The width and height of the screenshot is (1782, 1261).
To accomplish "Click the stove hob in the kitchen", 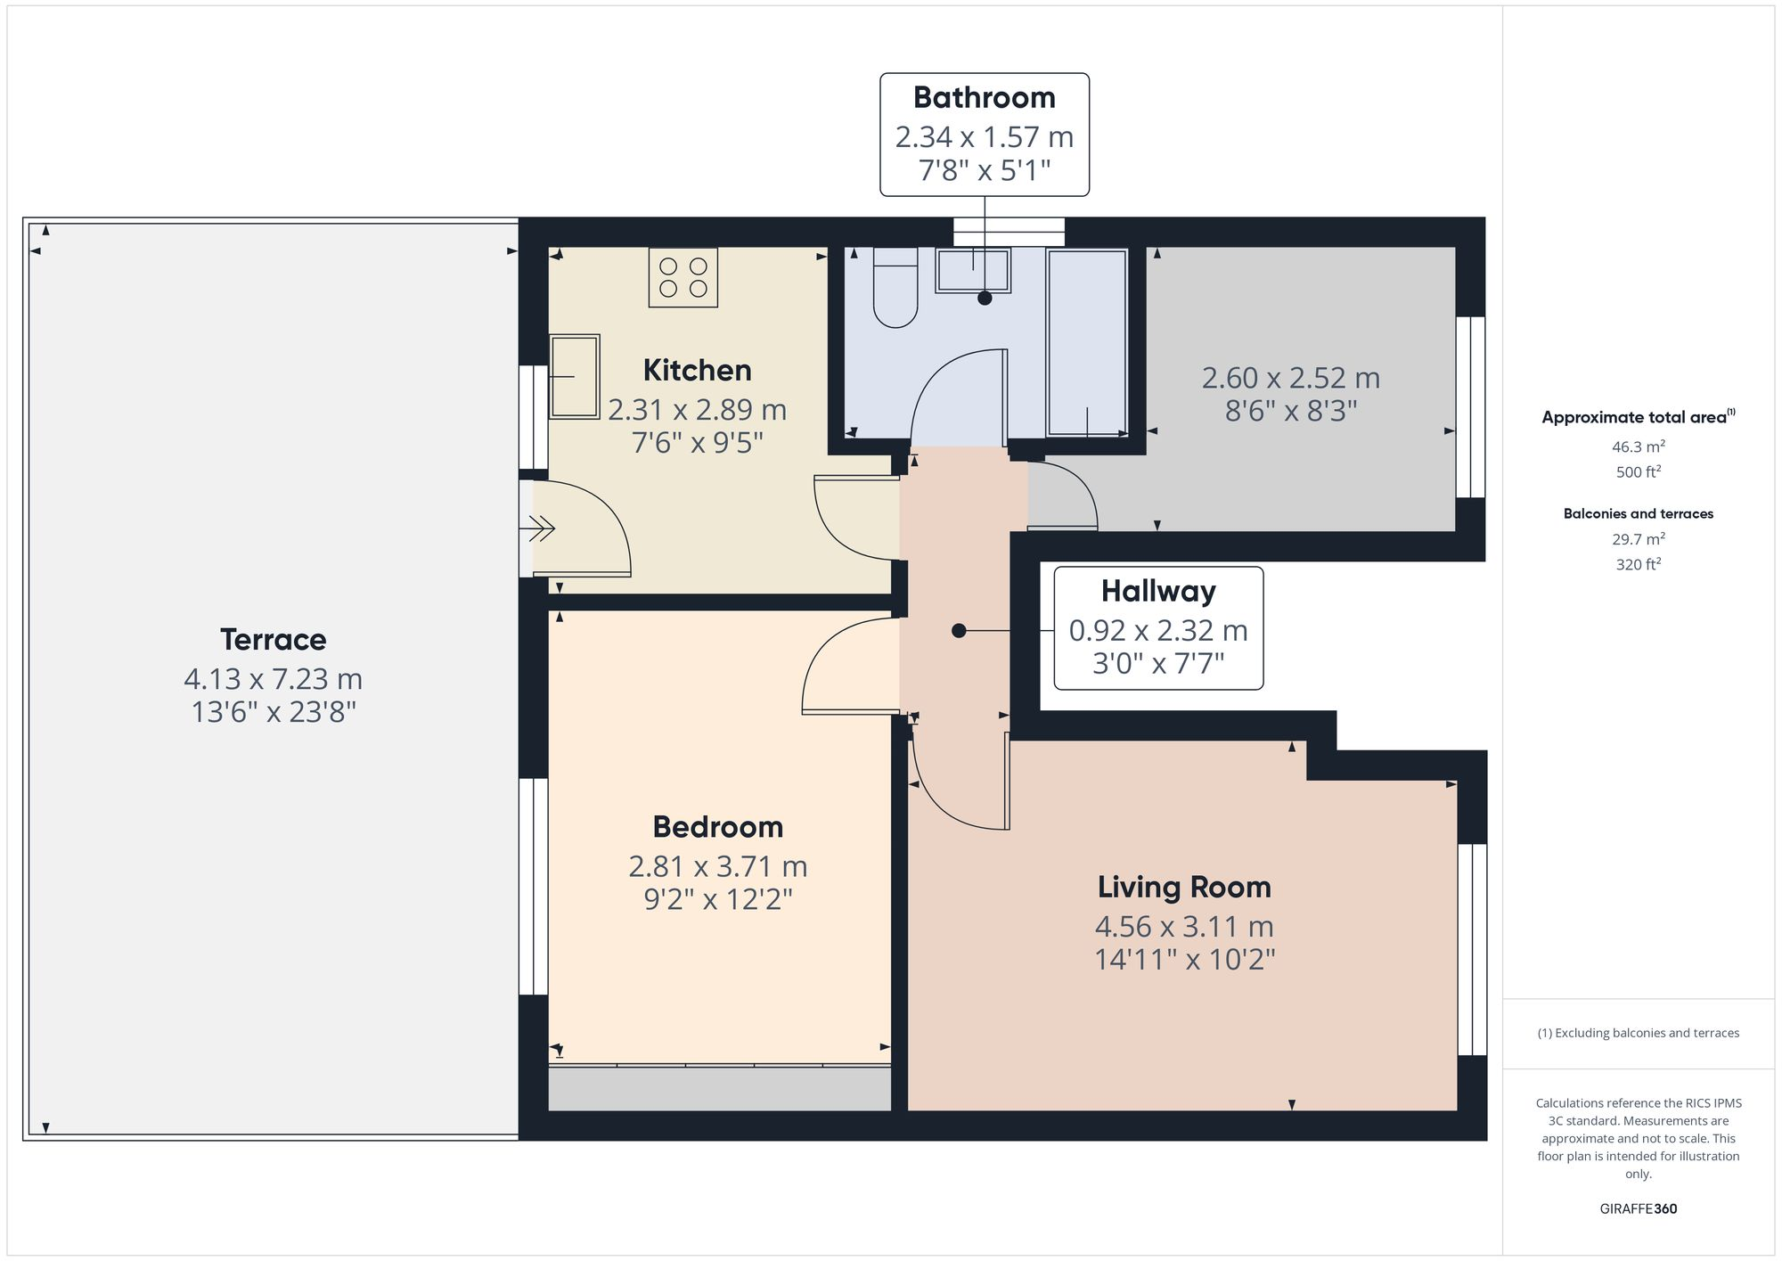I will coord(683,277).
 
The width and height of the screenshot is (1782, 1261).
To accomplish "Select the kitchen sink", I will coord(574,376).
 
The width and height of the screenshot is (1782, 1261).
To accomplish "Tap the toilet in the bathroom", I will coord(895,288).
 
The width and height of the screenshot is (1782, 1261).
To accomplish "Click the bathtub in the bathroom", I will coord(1087,343).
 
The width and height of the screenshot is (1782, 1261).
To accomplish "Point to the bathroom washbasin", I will coord(973,270).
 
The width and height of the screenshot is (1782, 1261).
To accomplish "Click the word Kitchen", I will coord(697,370).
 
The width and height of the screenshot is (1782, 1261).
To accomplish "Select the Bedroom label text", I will coord(717,827).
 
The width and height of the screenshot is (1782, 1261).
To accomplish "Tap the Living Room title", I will coord(1183,887).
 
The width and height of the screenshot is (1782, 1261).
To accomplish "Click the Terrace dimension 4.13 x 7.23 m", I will coord(273,679).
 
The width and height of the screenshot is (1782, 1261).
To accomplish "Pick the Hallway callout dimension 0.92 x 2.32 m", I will coord(1157,631).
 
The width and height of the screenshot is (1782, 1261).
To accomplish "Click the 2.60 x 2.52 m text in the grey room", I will coord(1290,378).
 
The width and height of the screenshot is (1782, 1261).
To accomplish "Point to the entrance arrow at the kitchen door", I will coord(542,529).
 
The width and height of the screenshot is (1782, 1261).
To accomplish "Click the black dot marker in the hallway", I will coord(959,631).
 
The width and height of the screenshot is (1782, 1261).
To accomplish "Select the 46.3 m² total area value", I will coord(1638,446).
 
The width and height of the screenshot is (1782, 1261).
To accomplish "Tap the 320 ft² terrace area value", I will coord(1638,564).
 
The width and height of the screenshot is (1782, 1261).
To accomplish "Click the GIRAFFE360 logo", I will coord(1638,1208).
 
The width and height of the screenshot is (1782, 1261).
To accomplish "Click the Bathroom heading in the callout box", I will coord(984,97).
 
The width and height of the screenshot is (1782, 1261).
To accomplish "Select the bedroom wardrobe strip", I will coord(719,1088).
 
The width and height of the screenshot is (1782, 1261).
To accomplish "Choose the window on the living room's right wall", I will coord(1472,949).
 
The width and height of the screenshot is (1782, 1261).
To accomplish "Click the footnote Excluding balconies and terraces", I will coord(1638,1033).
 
